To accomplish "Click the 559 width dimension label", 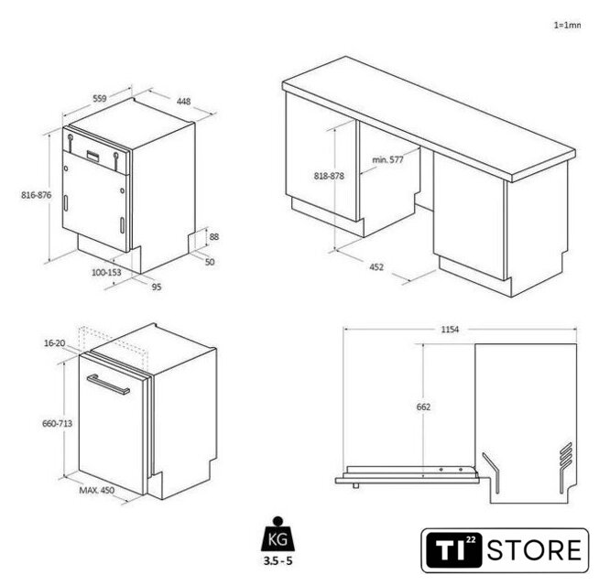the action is coord(100,98).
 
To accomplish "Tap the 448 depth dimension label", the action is coord(183,102).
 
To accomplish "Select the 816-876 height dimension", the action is coord(37,195).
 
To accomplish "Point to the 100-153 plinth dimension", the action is coord(106,272).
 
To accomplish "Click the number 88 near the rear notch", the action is coord(214,237).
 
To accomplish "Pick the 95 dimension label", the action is coord(157,287).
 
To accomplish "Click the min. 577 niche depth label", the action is coord(387,159).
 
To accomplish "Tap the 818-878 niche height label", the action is coord(329,176).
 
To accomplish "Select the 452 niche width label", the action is coord(376,267).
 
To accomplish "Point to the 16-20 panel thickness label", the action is coord(55,343).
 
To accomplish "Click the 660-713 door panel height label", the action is coord(58,423).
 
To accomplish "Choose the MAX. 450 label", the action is coord(97,490).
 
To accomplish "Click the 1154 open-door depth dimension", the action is coord(450,330).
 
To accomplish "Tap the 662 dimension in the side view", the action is coord(423,407).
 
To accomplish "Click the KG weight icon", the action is coord(278,534).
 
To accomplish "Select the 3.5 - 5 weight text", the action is coord(278,560).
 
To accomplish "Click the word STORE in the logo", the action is coord(534,550).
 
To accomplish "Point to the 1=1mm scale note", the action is coord(567,26).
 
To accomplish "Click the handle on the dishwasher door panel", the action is coord(108,385).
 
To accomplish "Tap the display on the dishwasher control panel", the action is coord(93,155).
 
